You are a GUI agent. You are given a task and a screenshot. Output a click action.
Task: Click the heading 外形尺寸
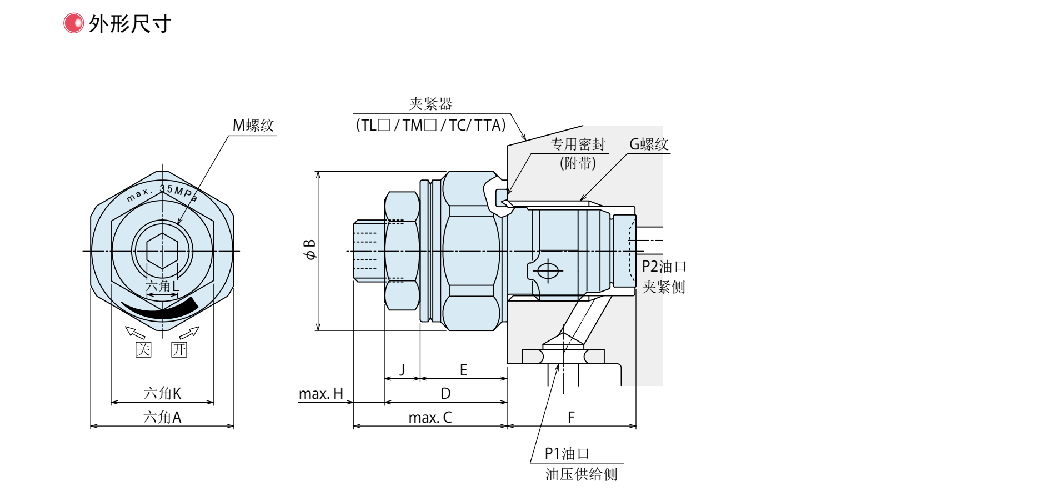click(129, 24)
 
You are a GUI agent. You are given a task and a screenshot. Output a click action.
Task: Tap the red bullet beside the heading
click(73, 23)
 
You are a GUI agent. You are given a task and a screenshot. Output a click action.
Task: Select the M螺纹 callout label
click(253, 126)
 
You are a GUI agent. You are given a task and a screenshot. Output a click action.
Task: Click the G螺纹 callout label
click(648, 144)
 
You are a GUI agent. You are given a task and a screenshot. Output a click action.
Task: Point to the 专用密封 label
click(578, 144)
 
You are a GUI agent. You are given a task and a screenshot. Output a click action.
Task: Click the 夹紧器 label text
click(430, 104)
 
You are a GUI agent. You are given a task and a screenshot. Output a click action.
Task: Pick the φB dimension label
click(309, 250)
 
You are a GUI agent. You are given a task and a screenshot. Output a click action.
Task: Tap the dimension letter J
click(403, 370)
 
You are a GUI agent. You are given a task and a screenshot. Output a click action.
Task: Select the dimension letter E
click(463, 370)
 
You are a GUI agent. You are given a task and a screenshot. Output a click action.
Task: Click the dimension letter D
click(445, 394)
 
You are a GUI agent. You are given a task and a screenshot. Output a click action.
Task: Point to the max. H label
click(321, 394)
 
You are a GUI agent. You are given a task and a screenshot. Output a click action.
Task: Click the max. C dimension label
click(430, 418)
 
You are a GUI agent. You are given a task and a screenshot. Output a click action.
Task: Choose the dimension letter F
click(571, 418)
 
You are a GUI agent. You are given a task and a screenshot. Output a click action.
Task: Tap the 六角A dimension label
click(162, 417)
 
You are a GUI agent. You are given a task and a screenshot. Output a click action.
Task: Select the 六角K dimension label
click(162, 393)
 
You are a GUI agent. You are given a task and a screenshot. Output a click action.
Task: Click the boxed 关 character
click(143, 349)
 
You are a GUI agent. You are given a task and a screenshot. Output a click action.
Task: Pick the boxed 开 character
click(179, 349)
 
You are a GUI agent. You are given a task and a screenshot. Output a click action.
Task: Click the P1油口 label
click(567, 454)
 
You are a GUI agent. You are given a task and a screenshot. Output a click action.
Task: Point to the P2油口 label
click(664, 267)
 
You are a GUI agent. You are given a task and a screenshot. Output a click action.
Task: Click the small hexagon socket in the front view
click(162, 250)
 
